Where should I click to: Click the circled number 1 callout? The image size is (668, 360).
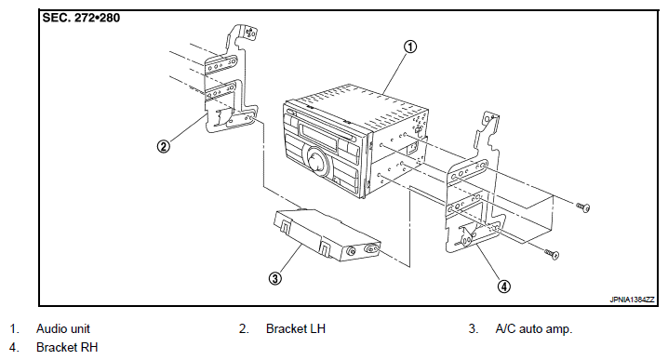click(x=410, y=47)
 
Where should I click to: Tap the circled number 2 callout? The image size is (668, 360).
click(x=163, y=147)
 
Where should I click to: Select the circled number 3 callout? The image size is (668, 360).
click(x=275, y=279)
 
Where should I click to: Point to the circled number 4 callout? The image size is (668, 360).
click(x=504, y=287)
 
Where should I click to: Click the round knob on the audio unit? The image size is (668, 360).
click(x=316, y=161)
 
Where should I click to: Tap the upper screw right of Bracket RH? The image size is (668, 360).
click(x=583, y=207)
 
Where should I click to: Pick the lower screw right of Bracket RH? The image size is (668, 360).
click(x=552, y=254)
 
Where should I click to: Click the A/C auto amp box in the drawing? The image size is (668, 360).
click(x=327, y=234)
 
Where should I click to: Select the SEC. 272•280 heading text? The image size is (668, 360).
click(x=81, y=18)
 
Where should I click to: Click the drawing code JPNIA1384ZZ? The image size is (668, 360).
click(x=632, y=300)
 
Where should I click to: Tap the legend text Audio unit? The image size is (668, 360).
click(x=63, y=328)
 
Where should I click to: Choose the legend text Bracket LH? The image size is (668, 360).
click(x=296, y=328)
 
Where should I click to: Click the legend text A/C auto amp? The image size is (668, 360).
click(x=534, y=328)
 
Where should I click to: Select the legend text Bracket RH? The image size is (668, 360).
click(x=67, y=347)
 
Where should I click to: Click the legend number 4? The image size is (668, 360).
click(x=14, y=347)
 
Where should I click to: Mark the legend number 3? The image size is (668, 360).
click(x=473, y=328)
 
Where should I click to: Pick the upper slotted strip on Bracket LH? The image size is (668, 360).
click(x=220, y=65)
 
